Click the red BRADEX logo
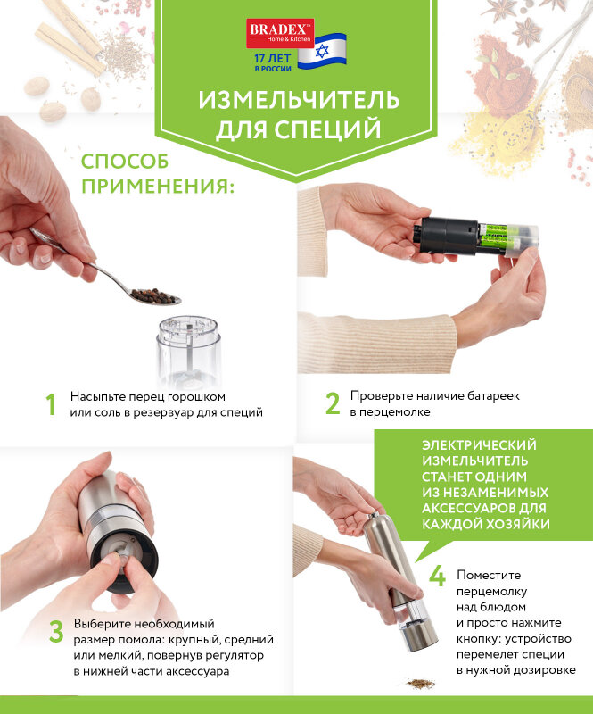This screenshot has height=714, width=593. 280,33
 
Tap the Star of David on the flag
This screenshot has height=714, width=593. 322,51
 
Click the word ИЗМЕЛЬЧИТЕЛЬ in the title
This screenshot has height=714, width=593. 299,100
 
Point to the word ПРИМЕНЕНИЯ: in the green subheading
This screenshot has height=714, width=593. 158,186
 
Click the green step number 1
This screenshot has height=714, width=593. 51,404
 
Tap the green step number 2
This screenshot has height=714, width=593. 333,403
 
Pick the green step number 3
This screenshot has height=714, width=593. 56,632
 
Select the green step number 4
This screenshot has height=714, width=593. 437,576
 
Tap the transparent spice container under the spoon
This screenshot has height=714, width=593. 189,351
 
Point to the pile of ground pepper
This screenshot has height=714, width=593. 420,684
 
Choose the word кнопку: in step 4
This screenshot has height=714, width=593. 479,638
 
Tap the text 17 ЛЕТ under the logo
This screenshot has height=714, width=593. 272,58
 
